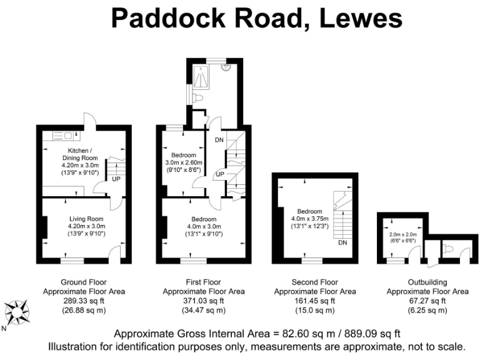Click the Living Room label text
pos(87,219)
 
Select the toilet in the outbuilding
pos(448,249)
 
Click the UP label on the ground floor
pos(116,179)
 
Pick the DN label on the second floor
pos(342,243)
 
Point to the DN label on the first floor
pos(219,140)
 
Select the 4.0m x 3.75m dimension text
pos(314,219)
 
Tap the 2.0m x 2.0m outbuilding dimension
pos(402,234)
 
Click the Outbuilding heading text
pos(427,282)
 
